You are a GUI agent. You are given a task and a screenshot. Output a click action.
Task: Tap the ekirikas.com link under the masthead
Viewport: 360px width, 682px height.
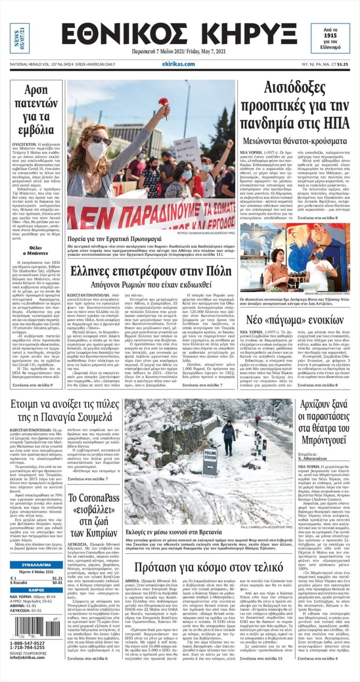pos(178,64)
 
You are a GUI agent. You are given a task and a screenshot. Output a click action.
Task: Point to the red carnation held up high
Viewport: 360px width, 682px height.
pos(164,103)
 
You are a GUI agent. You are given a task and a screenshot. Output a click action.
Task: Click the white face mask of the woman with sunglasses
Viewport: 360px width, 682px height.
pos(96,150)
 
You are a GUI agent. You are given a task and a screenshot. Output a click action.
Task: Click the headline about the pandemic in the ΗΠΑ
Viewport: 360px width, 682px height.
pos(294,105)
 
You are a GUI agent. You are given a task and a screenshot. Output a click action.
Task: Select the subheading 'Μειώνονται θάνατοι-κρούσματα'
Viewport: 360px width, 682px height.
pos(294,141)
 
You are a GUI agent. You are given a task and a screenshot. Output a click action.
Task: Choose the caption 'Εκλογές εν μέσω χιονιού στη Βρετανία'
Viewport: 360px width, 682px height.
pos(173,533)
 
